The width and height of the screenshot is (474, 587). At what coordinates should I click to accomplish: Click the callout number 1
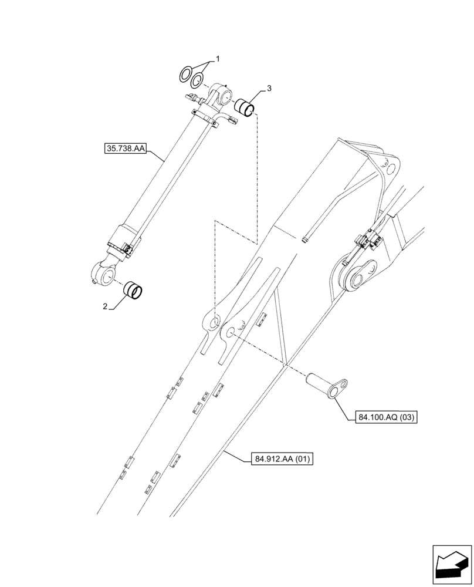pyautogui.click(x=218, y=59)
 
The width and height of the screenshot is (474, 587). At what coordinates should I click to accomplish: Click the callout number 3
pyautogui.click(x=269, y=89)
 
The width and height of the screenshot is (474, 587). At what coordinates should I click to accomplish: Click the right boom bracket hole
pyautogui.click(x=229, y=333)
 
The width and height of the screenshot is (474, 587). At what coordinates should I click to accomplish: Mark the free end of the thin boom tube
pyautogui.click(x=304, y=239)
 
